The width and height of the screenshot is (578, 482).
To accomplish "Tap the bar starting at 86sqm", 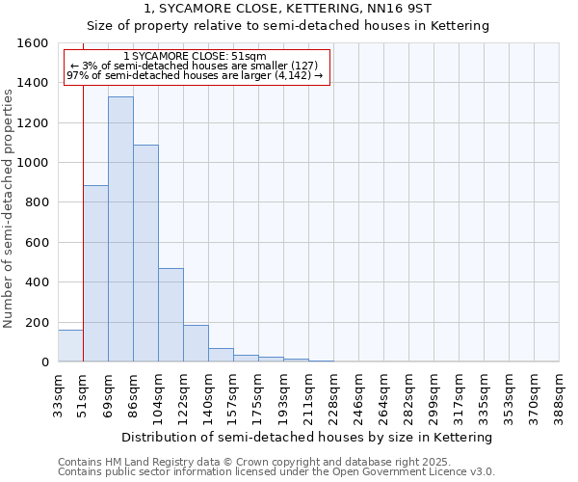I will [x=145, y=254].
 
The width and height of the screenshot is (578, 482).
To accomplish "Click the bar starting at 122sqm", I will [x=196, y=343].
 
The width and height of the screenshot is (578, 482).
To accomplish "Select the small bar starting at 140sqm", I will [x=221, y=355].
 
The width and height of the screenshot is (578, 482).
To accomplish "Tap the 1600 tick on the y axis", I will [x=34, y=43].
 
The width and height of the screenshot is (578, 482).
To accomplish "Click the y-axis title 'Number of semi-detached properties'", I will [x=9, y=203].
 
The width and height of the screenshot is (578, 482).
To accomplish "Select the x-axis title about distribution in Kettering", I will [x=307, y=437].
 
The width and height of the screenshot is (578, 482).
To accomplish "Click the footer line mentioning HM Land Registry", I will [x=267, y=462].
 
